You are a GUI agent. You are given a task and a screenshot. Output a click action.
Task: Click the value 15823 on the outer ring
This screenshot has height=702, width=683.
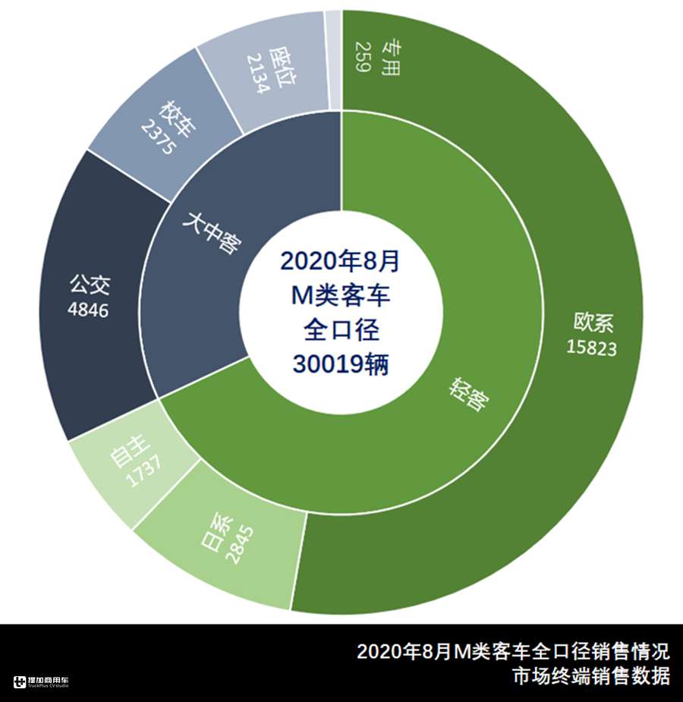(591, 348)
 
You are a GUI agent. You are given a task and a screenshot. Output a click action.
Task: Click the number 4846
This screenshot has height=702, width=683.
(88, 310)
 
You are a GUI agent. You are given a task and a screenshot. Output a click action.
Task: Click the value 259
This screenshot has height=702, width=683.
(362, 58)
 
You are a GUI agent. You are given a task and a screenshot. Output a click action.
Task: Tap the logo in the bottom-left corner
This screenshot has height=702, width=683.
(41, 682)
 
